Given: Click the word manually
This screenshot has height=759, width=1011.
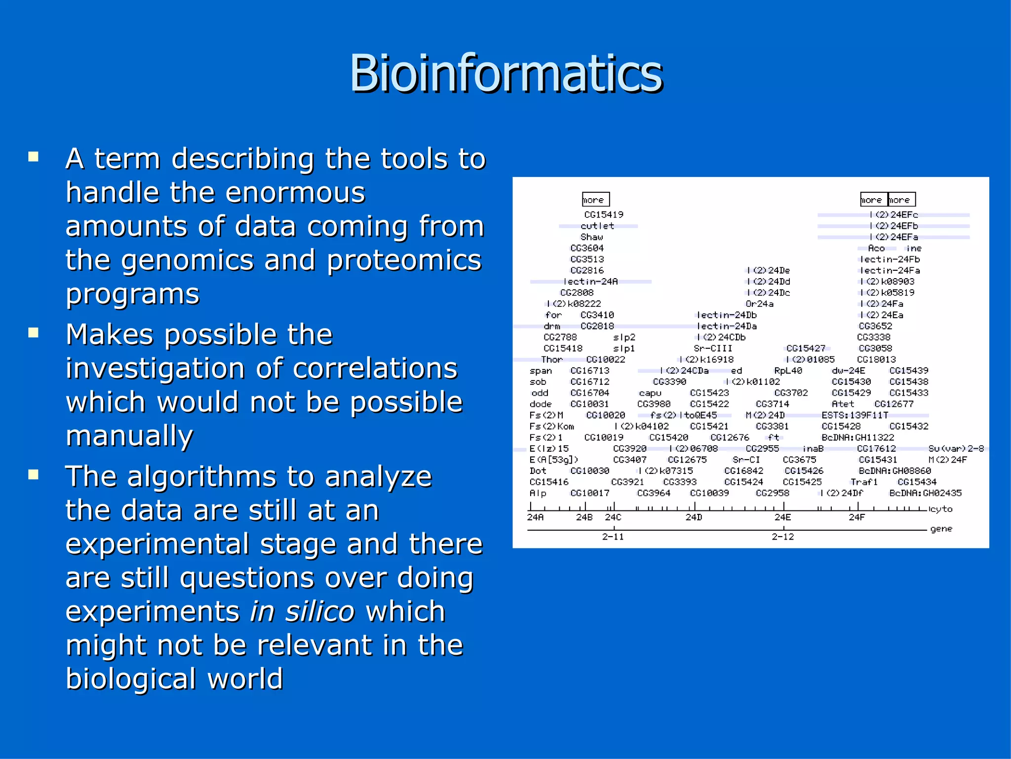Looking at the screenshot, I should point(129,436).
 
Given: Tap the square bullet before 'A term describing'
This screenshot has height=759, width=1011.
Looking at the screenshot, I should point(34,157).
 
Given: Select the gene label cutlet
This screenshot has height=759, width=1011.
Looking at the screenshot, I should point(597,226).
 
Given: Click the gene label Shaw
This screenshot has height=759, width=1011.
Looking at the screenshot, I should point(591,237).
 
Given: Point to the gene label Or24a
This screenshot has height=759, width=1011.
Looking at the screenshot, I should point(759,304).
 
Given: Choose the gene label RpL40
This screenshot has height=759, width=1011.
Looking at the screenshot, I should point(788,371).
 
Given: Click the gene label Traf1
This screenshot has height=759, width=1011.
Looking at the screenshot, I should point(864,482).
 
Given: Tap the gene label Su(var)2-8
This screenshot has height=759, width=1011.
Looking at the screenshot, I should point(956,449).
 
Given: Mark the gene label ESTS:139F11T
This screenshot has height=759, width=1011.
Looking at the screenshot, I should point(855,415).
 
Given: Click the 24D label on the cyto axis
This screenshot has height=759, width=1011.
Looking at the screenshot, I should point(694,517).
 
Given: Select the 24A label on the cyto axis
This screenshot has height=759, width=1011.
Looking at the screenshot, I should point(535,517).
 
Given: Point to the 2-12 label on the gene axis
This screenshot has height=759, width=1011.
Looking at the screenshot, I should point(783,537).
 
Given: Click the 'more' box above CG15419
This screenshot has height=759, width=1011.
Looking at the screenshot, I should point(595,200).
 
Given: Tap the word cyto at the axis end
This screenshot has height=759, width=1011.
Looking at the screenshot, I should point(941,509).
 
